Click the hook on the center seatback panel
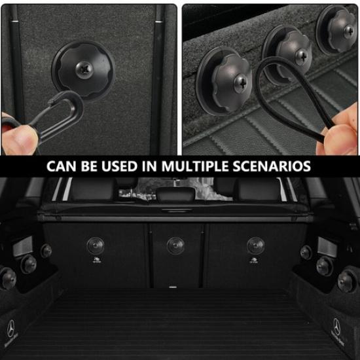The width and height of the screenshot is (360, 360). click(x=175, y=245)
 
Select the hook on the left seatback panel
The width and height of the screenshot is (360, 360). click(x=96, y=245)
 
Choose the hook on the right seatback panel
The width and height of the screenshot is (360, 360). click(x=255, y=245)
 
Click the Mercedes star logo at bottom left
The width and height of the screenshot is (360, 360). click(x=10, y=327)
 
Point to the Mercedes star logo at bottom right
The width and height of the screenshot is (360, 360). click(x=336, y=325)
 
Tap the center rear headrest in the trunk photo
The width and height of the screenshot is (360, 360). click(x=179, y=193)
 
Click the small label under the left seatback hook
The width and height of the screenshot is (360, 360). click(x=97, y=260)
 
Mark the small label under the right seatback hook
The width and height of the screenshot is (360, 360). click(x=255, y=260)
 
